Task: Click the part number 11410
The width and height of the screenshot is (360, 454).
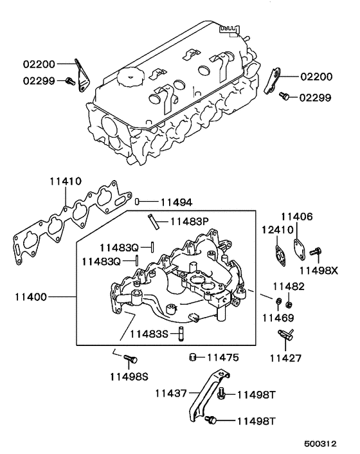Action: tap(66, 181)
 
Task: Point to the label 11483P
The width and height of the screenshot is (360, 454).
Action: tap(190, 222)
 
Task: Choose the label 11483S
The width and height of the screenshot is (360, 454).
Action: tap(148, 334)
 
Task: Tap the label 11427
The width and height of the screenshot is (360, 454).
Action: tap(285, 358)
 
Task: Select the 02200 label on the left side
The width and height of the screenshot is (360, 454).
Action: tap(40, 64)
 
